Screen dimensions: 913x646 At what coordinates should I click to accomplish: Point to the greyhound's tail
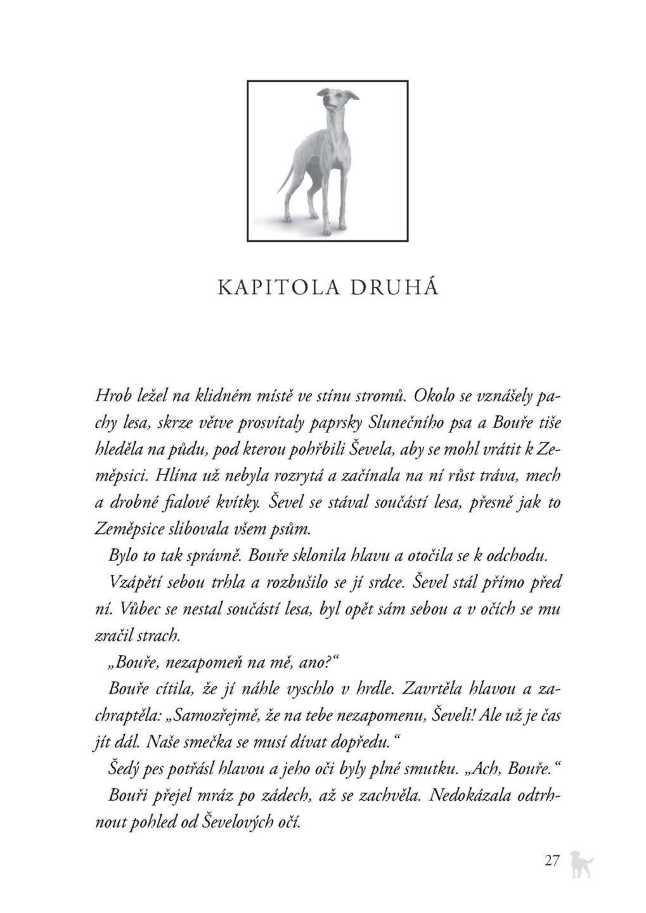pyautogui.click(x=285, y=182)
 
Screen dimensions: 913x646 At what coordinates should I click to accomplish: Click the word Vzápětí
pyautogui.click(x=134, y=583)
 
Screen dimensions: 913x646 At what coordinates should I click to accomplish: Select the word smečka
pyautogui.click(x=247, y=742)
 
